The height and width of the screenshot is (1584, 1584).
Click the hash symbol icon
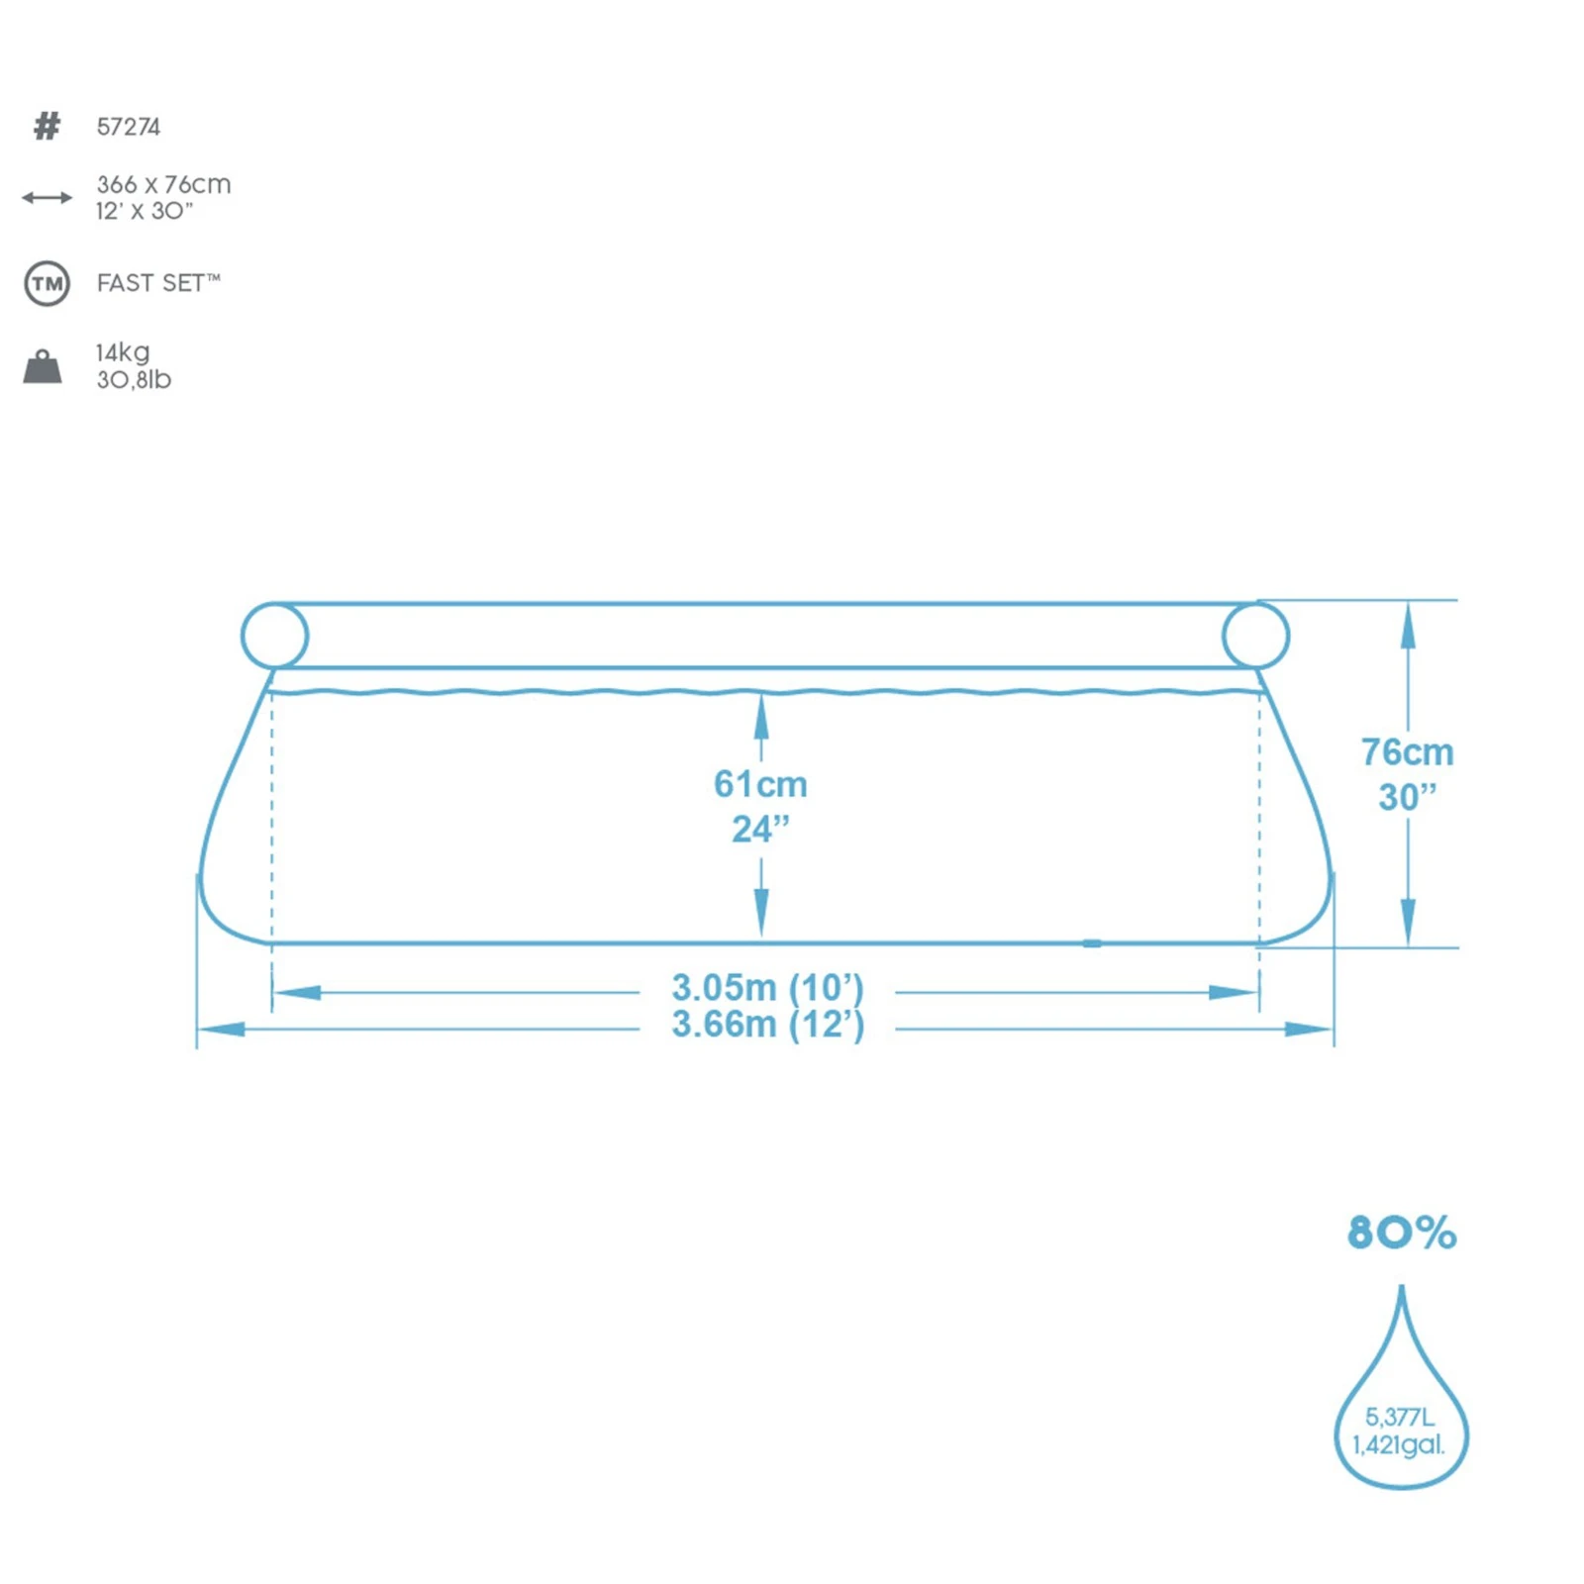click(x=47, y=126)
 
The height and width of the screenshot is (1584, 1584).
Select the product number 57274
click(x=129, y=127)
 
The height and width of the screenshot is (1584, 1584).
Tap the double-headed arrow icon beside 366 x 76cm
click(x=47, y=198)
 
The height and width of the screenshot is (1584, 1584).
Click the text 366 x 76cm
click(x=163, y=184)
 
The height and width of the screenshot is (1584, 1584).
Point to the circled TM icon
click(x=47, y=284)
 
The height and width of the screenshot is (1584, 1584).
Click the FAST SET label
click(x=158, y=283)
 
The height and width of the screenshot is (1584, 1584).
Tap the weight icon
click(x=43, y=366)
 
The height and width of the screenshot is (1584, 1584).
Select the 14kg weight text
click(x=123, y=353)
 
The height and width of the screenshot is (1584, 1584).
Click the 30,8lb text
click(x=134, y=380)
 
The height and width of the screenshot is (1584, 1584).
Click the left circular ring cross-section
click(x=244, y=635)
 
